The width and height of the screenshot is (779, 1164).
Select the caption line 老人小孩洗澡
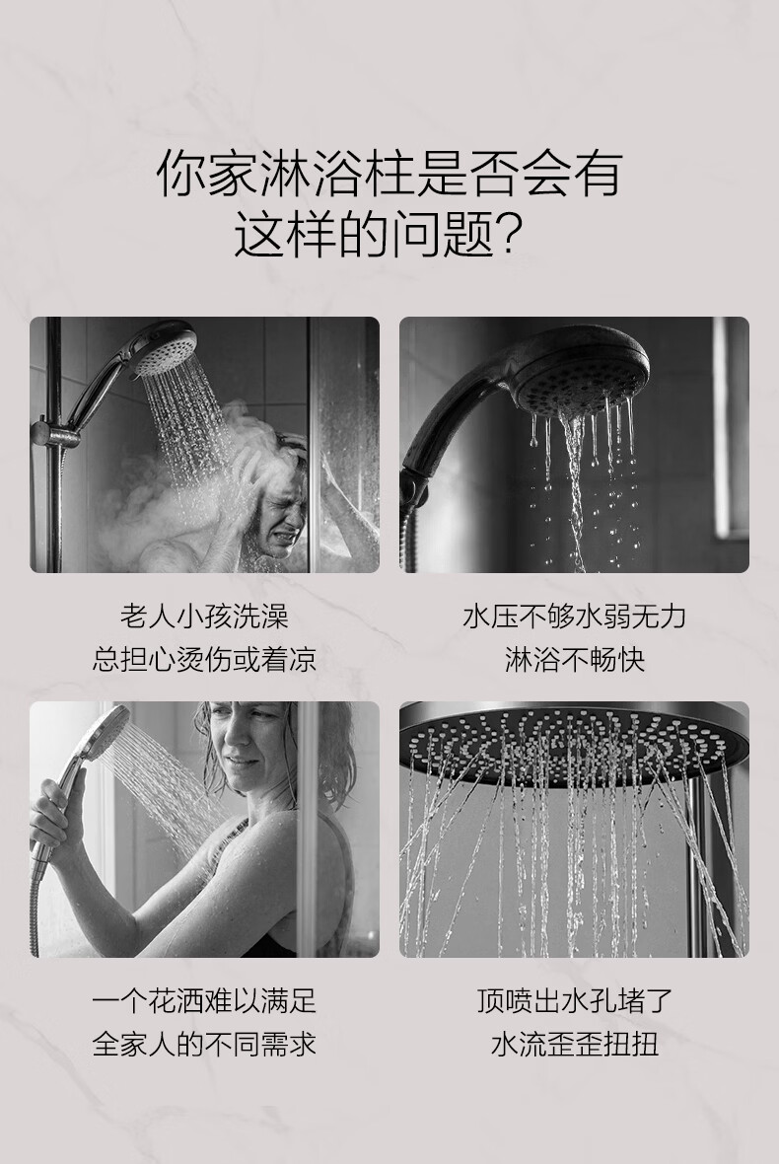[204, 616]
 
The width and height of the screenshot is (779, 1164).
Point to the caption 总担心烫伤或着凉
[204, 659]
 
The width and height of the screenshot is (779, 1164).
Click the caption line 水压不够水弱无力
[574, 616]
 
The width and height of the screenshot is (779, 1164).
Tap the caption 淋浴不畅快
[574, 659]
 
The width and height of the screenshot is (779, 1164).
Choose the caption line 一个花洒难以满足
[204, 1000]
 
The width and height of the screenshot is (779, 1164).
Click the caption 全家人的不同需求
[204, 1044]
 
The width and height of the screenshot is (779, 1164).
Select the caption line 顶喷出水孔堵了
[574, 1000]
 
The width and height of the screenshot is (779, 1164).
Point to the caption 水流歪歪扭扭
[574, 1044]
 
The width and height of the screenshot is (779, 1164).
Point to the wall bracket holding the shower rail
[56, 433]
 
